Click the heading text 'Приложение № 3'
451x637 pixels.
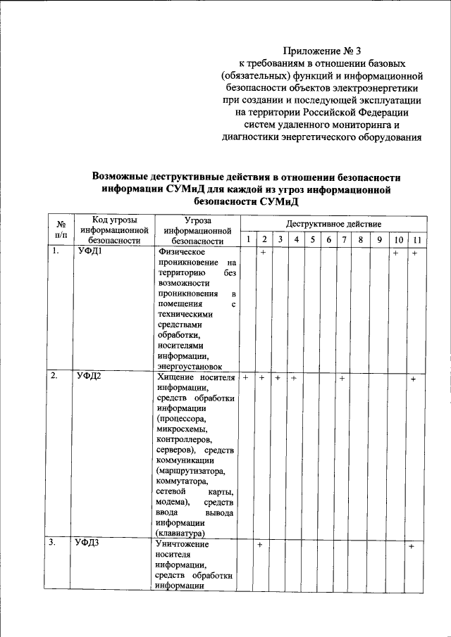click(x=321, y=51)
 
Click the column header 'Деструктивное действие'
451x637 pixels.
click(x=334, y=223)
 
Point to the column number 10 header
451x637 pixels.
click(x=399, y=240)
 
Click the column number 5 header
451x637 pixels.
click(x=312, y=240)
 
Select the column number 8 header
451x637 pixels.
click(x=360, y=240)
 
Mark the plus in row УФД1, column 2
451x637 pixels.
click(x=262, y=252)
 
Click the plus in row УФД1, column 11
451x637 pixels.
click(x=416, y=253)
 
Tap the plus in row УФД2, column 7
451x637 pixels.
click(x=342, y=379)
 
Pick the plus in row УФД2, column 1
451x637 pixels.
click(x=247, y=379)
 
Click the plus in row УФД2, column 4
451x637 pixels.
click(x=294, y=379)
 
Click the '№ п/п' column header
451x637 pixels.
click(x=61, y=229)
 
